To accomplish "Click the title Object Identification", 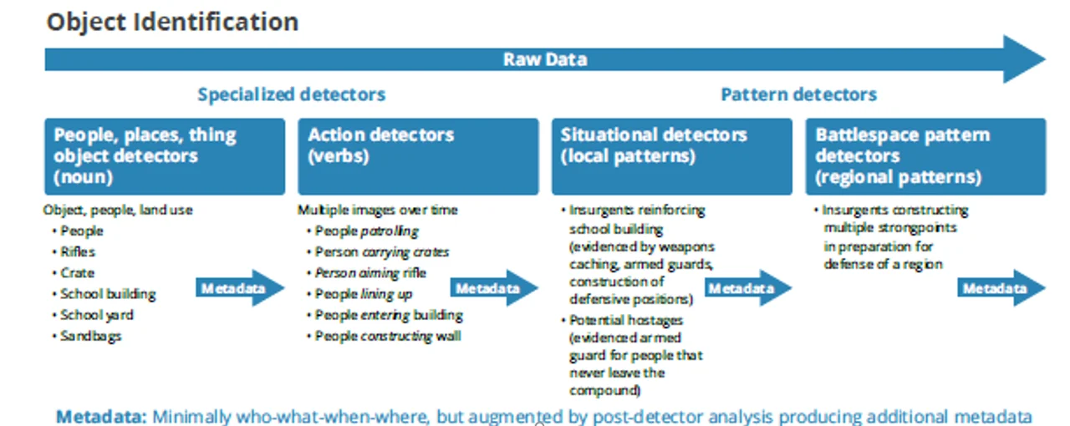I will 172,22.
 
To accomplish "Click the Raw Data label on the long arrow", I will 544,59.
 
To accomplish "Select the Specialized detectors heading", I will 291,94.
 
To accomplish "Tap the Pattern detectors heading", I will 798,94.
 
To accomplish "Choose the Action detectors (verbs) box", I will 418,156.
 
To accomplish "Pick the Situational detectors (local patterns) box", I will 671,156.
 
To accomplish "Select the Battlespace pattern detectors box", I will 925,156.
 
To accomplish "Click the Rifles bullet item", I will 78,251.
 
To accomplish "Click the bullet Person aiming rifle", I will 370,272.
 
